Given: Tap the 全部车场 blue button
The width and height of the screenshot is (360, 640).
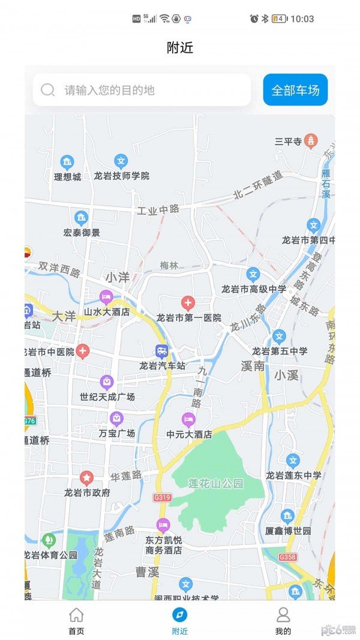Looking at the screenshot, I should click(295, 90).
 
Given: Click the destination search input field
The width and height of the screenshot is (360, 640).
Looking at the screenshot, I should click(150, 90).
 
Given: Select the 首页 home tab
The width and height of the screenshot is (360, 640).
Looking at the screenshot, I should click(76, 620).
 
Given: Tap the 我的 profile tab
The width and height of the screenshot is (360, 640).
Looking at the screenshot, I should click(283, 620).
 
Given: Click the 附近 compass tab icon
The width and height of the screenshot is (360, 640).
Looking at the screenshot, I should click(179, 614).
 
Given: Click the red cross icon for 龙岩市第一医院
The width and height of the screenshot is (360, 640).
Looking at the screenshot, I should click(188, 303).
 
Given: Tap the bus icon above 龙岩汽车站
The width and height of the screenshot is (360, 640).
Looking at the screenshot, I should click(162, 351).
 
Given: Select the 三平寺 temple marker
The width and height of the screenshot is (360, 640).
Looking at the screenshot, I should click(311, 141).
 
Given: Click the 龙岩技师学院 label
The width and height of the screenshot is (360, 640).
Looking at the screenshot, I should click(122, 176).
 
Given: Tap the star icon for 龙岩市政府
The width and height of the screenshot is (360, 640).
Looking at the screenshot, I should click(87, 478).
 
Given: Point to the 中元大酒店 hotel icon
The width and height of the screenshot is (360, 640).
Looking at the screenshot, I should click(188, 419).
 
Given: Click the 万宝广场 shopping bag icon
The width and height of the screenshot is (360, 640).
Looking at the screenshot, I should click(116, 418).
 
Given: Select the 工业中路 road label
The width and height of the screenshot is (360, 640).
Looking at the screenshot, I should click(158, 210).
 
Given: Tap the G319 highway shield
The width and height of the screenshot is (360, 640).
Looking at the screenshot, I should click(162, 497).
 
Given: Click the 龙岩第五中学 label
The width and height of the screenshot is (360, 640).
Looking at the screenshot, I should click(280, 351).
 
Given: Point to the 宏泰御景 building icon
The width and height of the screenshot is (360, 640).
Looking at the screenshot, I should click(81, 218).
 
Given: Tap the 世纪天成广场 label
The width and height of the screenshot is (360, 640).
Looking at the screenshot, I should click(107, 397).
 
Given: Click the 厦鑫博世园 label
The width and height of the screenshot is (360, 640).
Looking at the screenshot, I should click(289, 531).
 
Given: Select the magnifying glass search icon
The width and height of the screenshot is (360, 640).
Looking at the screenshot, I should click(48, 90).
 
